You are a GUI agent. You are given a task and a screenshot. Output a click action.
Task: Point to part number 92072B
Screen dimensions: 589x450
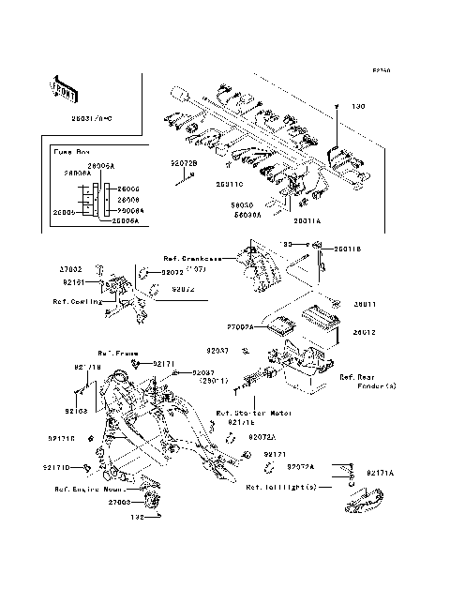pos(184,162)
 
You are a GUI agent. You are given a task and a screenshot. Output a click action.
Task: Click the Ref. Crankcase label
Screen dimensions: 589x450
pos(193,260)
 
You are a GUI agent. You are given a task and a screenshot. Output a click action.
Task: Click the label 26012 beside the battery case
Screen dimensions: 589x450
pos(365,332)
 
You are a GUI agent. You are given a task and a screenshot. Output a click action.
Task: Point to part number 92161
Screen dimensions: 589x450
pos(75,281)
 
